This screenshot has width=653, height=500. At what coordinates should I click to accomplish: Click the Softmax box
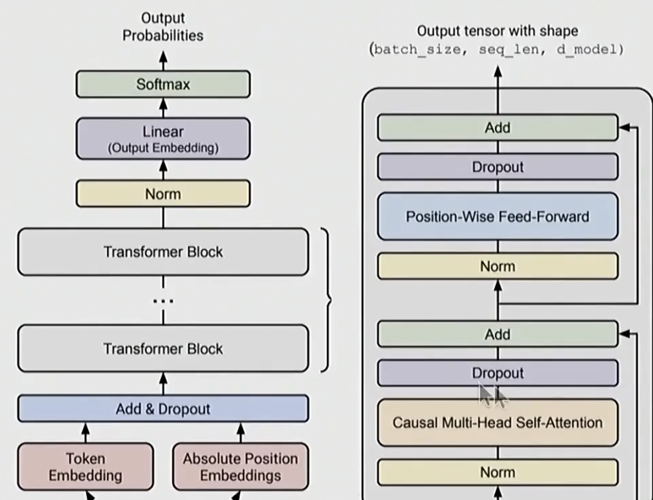163,84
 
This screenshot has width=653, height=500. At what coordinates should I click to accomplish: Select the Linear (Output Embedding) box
163,139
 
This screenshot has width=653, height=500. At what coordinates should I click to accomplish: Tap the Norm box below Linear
163,194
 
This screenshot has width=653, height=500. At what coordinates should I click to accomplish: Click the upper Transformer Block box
163,252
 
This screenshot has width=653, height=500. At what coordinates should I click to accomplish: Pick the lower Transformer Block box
163,348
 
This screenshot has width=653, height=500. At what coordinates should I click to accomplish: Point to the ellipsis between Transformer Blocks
163,301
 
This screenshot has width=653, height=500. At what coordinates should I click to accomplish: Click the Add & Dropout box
163,409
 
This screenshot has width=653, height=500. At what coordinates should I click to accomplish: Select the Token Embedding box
85,467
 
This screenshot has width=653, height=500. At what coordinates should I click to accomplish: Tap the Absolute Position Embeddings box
240,467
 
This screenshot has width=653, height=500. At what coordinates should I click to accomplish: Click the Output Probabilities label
163,27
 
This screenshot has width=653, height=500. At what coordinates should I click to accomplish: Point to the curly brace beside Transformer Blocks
327,300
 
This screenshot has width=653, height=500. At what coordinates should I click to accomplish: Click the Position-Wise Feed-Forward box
498,217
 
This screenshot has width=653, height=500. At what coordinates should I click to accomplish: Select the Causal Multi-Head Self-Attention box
498,423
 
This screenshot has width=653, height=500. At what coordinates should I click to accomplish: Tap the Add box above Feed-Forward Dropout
498,127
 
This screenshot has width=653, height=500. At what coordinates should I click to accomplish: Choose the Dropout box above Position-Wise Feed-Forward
498,167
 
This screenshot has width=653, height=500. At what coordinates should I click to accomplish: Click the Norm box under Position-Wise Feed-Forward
498,266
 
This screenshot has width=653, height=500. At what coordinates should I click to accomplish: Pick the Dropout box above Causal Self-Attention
498,373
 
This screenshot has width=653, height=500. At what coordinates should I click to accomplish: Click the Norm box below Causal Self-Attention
498,472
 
